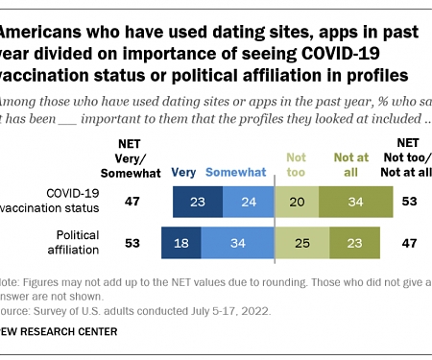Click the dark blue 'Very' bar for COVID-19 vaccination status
(x=197, y=203)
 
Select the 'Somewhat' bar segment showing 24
(x=248, y=203)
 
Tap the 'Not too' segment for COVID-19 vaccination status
(x=297, y=203)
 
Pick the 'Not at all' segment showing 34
(x=356, y=203)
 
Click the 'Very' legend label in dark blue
(x=184, y=174)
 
